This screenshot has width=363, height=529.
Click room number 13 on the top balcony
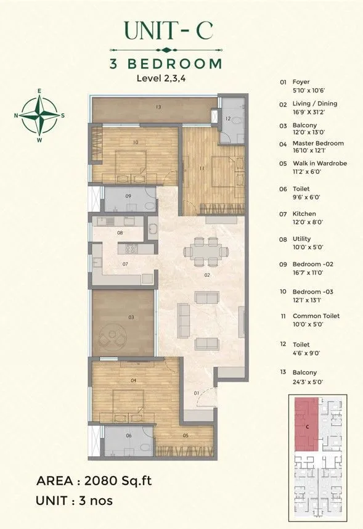tap(158, 107)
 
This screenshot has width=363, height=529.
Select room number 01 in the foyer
tap(197, 392)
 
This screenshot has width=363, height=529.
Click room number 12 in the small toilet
tap(227, 118)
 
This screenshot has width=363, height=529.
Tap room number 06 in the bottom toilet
tap(128, 435)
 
